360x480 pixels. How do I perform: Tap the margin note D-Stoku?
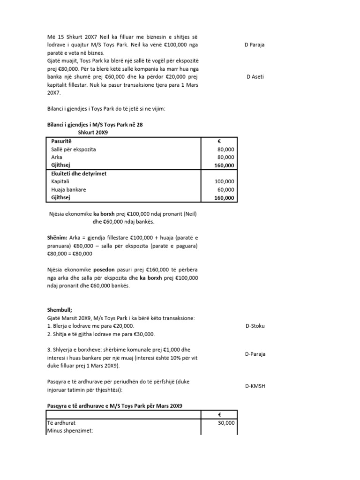(255, 326)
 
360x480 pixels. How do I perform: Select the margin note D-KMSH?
(255, 386)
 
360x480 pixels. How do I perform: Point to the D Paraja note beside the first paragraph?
(255, 45)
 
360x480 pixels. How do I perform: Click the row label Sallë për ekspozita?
(76, 149)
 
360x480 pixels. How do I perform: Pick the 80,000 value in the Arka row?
(225, 157)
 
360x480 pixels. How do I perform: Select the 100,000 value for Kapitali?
(224, 181)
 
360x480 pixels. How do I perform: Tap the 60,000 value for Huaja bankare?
(225, 190)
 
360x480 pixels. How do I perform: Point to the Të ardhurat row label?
(63, 422)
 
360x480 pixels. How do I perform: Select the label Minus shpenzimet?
(70, 430)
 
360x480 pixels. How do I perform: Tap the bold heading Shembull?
(61, 310)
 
